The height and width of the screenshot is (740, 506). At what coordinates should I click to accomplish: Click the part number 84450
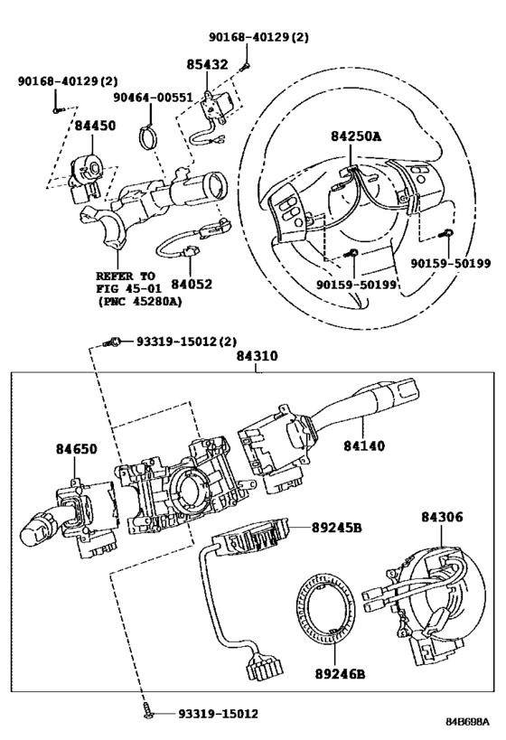(95, 126)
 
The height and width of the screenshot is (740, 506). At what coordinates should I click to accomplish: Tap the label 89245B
(337, 527)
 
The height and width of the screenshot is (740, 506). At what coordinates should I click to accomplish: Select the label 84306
(442, 518)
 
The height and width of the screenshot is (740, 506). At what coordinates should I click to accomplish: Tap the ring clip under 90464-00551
(151, 140)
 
